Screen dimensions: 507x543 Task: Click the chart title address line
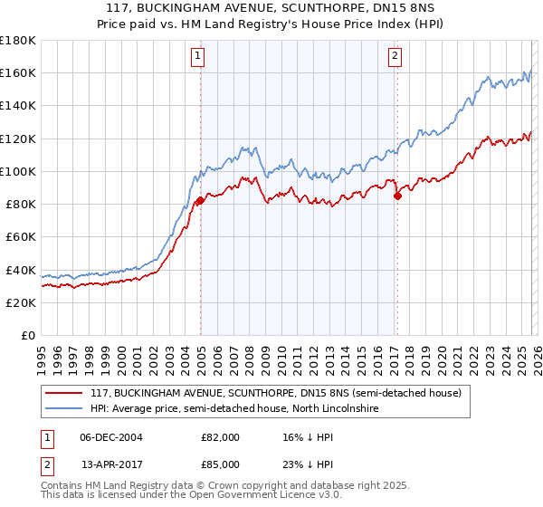pyautogui.click(x=271, y=8)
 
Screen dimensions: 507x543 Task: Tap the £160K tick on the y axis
pyautogui.click(x=17, y=72)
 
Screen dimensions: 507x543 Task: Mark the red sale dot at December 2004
pyautogui.click(x=199, y=200)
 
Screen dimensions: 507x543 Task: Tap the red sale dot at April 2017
pyautogui.click(x=396, y=196)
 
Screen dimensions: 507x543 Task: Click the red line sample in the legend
pyautogui.click(x=64, y=394)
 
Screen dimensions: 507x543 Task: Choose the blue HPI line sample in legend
pyautogui.click(x=64, y=409)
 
